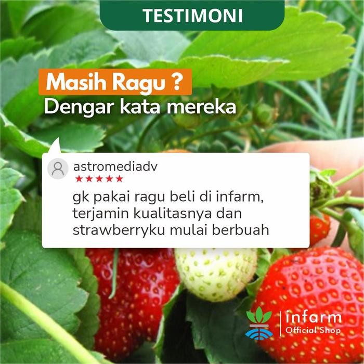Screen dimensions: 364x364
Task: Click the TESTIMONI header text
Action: click(192, 15)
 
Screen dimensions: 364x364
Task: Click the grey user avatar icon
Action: click(58, 168)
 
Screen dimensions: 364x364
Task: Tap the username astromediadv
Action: click(115, 166)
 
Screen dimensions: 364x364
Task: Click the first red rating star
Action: click(79, 179)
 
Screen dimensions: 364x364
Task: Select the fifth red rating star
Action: click(120, 179)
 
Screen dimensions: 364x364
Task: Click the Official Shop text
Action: click(313, 331)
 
